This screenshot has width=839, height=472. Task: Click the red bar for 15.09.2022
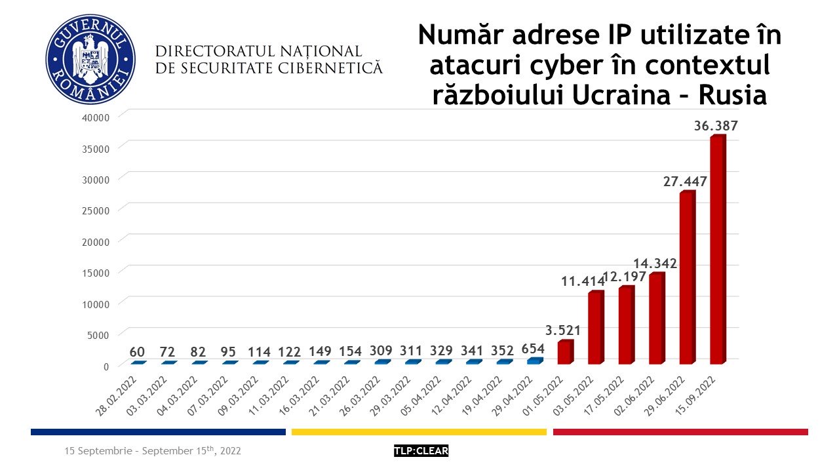click(718, 249)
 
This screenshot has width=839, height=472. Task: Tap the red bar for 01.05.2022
click(565, 352)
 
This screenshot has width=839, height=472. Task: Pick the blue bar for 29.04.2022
click(535, 361)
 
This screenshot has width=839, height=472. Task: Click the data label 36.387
click(716, 126)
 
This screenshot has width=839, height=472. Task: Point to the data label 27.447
click(685, 182)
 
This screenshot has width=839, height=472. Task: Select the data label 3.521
click(562, 330)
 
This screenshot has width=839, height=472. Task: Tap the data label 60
click(137, 351)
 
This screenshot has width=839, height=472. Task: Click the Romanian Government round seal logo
click(90, 59)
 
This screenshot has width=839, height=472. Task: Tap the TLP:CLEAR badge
click(421, 451)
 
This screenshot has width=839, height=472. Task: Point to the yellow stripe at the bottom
click(419, 431)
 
